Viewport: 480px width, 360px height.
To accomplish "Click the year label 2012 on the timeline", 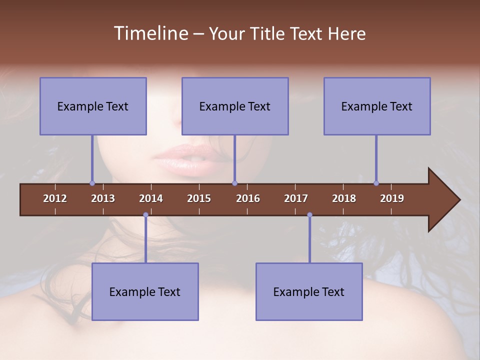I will (x=55, y=198).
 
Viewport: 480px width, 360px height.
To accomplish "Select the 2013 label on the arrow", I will (x=103, y=198).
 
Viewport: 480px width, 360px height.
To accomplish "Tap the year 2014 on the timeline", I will (x=151, y=198).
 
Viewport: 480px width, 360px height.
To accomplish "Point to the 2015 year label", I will (x=199, y=198).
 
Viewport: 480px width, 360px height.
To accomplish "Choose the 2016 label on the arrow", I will (x=248, y=198).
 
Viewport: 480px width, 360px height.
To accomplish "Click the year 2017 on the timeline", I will (x=296, y=198).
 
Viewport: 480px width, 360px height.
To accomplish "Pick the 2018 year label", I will (x=344, y=198).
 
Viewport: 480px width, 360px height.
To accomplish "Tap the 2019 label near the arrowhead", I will (x=392, y=198).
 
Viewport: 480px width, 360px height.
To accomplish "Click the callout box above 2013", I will (x=93, y=106).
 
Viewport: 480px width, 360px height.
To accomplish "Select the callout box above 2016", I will (x=235, y=106).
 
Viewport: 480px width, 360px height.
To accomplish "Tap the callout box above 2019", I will (x=377, y=106).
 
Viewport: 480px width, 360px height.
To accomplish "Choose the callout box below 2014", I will (x=145, y=291).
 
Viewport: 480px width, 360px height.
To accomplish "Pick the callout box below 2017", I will (x=309, y=291).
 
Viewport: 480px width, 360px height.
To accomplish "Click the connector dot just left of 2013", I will (x=92, y=183).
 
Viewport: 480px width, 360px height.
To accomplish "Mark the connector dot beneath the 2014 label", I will (x=145, y=215).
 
